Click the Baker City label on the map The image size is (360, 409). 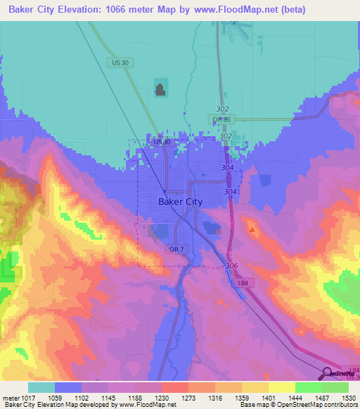(x=176, y=202)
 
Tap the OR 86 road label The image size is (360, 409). (x=222, y=119)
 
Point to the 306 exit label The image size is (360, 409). (x=233, y=266)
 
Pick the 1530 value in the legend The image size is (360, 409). (x=349, y=397)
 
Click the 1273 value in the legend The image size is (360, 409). (x=188, y=397)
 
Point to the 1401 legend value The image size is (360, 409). (x=269, y=397)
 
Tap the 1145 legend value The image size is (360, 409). (x=108, y=397)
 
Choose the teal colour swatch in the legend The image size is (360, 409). (x=41, y=387)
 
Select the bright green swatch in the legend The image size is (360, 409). (x=308, y=387)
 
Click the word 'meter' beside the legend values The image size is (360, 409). (x=10, y=397)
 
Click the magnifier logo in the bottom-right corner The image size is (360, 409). (x=328, y=375)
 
